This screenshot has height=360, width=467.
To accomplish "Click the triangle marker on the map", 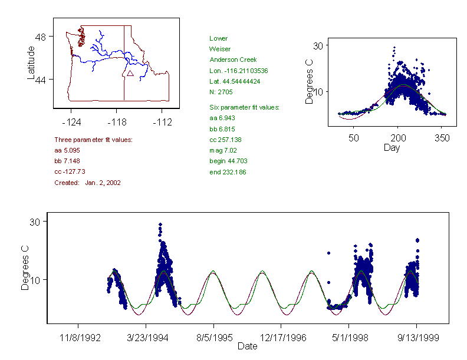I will (130, 73).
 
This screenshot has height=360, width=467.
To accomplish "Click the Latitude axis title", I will (31, 62).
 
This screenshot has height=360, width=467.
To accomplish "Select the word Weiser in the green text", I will (220, 49).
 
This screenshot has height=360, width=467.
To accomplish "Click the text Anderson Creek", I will (232, 60).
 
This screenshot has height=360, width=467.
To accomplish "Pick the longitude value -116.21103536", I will (239, 71).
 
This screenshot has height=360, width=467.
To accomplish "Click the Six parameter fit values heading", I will (244, 107).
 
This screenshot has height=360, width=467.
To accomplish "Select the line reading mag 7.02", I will (223, 150).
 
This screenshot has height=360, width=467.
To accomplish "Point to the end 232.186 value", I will (228, 172).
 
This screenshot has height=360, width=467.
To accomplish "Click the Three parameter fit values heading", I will (93, 140).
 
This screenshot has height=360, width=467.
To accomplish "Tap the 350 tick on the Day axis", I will (442, 138).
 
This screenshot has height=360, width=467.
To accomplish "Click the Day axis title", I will (392, 147).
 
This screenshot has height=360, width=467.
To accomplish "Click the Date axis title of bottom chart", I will (247, 346).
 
